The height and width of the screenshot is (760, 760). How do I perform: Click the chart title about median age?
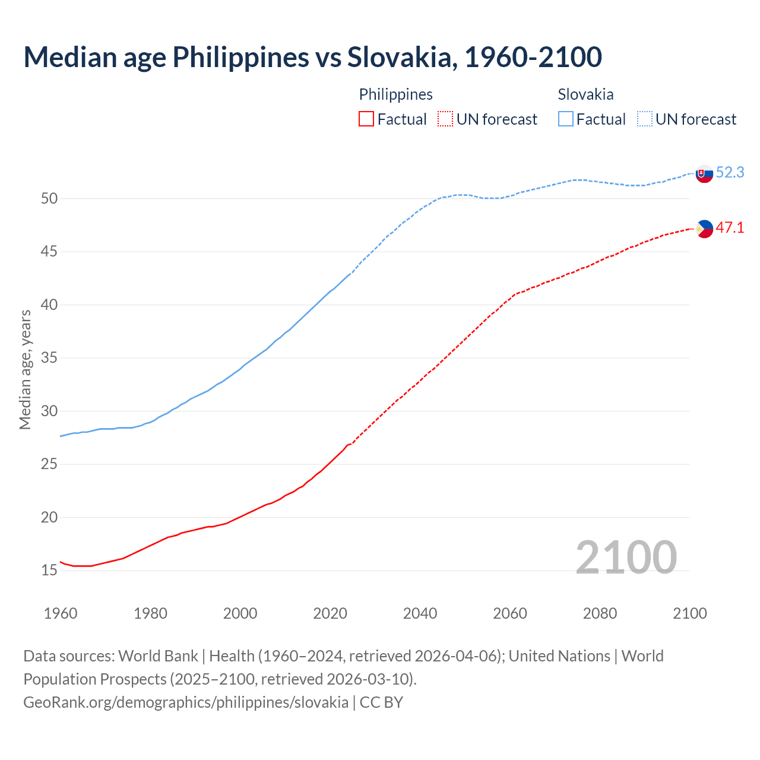tap(312, 57)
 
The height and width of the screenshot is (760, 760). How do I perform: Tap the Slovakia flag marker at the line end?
tap(704, 174)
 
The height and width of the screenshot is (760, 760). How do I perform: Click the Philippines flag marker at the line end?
tap(704, 229)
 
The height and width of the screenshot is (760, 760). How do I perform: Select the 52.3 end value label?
tap(730, 173)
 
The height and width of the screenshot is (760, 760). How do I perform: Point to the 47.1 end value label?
tap(730, 228)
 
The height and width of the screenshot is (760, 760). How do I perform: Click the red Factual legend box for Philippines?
tap(366, 119)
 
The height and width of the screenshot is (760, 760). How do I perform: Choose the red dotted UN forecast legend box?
tap(445, 119)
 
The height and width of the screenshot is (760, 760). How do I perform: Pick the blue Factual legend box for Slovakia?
tap(566, 119)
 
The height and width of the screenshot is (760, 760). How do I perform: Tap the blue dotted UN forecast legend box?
tap(644, 119)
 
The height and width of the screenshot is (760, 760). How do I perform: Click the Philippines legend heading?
tap(395, 94)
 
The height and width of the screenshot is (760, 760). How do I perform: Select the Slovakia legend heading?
tap(585, 94)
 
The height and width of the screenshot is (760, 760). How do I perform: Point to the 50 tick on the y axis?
tap(49, 199)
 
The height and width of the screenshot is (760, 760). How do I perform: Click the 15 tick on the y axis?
tap(49, 571)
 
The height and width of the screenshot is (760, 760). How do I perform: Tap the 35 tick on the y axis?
tap(49, 358)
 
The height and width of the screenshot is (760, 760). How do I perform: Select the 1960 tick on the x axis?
tap(61, 613)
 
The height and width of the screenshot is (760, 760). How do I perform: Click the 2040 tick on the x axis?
tap(420, 613)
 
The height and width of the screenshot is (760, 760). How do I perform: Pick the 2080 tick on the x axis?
tap(600, 613)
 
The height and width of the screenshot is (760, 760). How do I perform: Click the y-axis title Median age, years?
tap(25, 369)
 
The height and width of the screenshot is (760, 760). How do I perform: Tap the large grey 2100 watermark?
tap(626, 558)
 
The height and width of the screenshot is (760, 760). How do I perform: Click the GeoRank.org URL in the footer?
tap(186, 702)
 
